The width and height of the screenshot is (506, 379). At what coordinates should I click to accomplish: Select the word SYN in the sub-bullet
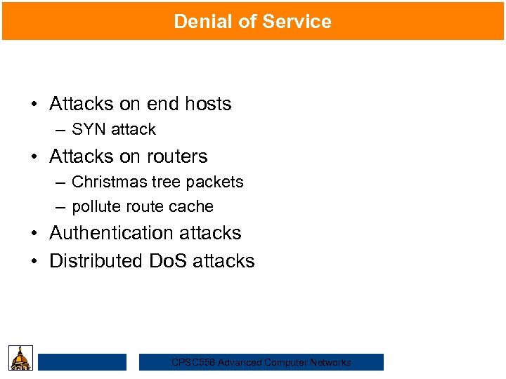[88, 129]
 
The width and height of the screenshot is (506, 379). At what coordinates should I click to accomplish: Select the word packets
[216, 182]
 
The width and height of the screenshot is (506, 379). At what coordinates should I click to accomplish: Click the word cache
[195, 206]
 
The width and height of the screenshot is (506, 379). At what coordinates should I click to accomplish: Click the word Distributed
[95, 261]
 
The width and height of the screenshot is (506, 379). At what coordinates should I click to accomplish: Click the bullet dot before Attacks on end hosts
[34, 105]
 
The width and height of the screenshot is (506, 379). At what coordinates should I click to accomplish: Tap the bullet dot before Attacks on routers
[34, 157]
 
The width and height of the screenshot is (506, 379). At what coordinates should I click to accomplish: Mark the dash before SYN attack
[61, 130]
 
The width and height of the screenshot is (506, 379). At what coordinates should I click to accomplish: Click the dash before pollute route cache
[61, 207]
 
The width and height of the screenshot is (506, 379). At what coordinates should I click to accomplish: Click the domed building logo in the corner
[20, 358]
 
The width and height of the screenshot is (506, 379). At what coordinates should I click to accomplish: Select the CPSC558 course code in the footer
[193, 363]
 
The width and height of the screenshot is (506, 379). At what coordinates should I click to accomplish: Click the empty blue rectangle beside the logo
[82, 362]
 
